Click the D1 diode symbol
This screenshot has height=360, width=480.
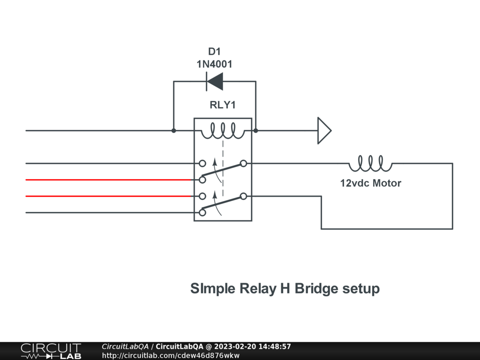[215, 82]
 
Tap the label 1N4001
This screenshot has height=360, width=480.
[214, 64]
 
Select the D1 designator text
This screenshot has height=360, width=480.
[214, 52]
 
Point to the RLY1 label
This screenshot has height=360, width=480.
[222, 105]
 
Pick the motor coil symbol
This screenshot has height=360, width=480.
[370, 164]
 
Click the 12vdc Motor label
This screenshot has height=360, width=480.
[370, 183]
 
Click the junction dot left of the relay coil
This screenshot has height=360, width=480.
[174, 130]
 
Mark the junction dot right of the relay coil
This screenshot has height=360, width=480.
[256, 130]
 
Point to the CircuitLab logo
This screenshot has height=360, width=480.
[51, 351]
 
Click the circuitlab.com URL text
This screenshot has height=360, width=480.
[171, 355]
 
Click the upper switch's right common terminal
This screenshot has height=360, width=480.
[243, 164]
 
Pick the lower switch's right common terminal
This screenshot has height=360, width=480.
[243, 196]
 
